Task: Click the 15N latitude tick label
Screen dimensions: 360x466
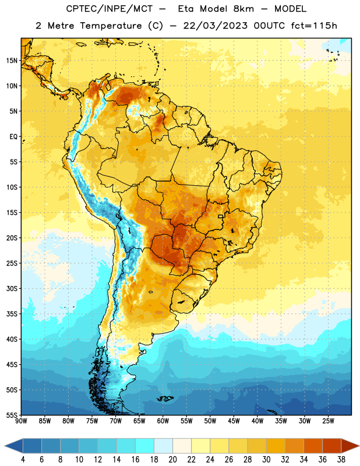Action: (12, 61)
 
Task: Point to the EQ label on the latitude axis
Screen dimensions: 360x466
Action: (13, 137)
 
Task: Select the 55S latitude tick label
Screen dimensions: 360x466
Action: (12, 415)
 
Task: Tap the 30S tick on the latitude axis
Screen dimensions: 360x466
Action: (12, 288)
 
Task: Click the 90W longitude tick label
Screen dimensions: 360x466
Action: (21, 421)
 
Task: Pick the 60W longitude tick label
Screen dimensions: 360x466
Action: (163, 421)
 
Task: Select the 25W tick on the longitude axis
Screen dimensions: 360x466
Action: (328, 421)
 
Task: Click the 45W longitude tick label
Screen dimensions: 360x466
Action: (234, 421)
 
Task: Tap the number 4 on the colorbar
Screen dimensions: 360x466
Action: (23, 460)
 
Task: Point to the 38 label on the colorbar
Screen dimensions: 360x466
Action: (341, 460)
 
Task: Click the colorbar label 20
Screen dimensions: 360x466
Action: (172, 460)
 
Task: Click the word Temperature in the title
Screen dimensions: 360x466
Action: (111, 26)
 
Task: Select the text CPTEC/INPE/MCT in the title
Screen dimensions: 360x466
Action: (109, 9)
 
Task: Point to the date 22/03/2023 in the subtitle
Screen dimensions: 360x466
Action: (215, 26)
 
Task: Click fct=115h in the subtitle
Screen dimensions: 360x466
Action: (314, 26)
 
